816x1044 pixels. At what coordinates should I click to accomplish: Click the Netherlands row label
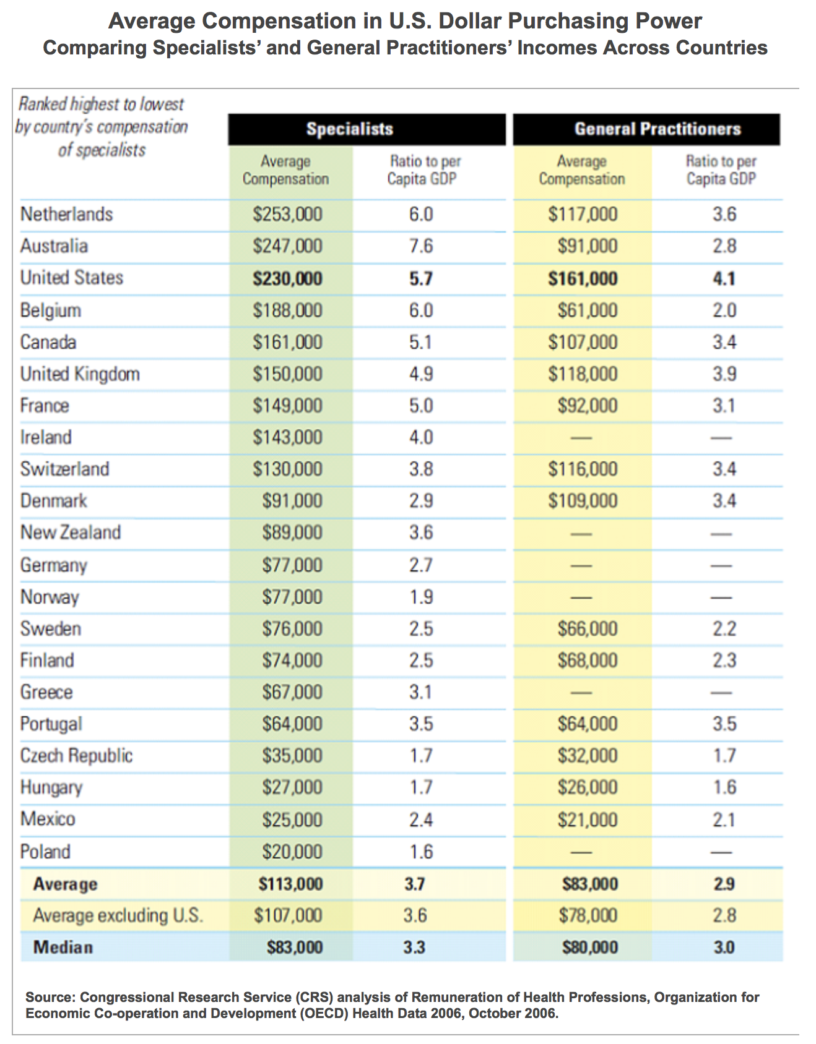66,215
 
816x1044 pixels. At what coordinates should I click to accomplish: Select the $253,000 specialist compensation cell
287,215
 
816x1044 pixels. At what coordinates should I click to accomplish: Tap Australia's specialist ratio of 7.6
420,246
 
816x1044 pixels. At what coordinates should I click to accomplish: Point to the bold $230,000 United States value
287,278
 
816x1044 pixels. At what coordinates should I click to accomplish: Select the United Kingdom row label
80,374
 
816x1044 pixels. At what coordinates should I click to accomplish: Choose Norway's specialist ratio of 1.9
420,597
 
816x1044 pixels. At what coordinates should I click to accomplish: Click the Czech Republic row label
76,756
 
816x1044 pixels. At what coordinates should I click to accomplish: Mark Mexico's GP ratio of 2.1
724,819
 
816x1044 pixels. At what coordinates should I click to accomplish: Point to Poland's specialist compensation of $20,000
292,852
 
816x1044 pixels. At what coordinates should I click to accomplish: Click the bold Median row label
63,947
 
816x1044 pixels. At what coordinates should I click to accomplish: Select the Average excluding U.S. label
118,915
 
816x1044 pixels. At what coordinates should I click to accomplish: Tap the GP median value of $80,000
589,947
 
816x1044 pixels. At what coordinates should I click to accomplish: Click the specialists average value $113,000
290,884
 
